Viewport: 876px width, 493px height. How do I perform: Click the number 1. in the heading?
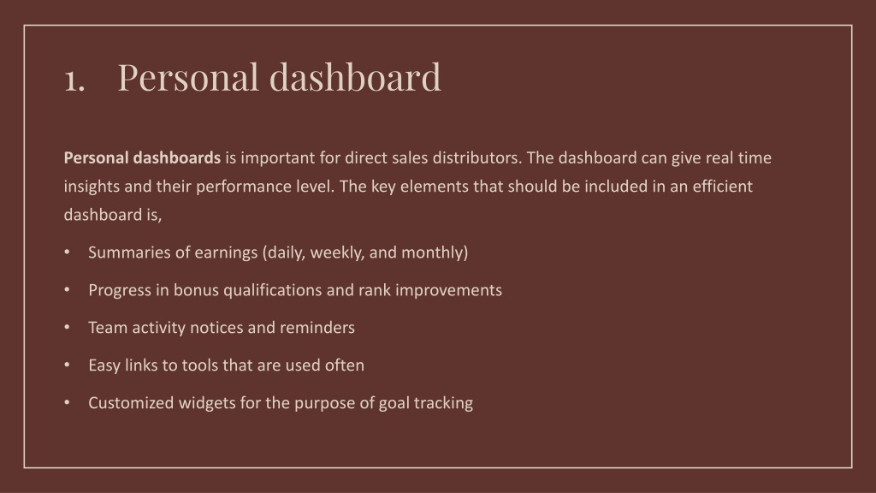click(x=74, y=80)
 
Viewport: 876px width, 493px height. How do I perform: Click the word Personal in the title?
click(x=188, y=77)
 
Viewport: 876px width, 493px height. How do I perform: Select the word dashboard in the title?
click(x=355, y=76)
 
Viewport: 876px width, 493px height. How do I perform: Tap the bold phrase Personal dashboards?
click(x=142, y=157)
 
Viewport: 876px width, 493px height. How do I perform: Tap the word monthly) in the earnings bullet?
click(x=435, y=252)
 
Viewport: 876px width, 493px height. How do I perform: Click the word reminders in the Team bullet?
click(x=317, y=328)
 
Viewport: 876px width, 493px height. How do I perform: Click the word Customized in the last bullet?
click(x=131, y=403)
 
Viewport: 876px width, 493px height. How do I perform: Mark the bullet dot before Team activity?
click(x=67, y=327)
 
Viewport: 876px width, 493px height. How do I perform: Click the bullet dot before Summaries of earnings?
click(x=67, y=252)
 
